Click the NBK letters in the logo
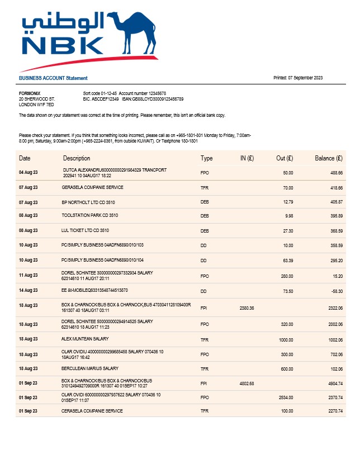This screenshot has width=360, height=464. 62,45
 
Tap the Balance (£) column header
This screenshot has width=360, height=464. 328,158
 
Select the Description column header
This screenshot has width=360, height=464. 77,158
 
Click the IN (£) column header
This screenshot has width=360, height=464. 247,158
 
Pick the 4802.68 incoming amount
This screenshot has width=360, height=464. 247,383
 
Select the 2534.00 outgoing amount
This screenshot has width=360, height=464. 286,397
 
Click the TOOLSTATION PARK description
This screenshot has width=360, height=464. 89,215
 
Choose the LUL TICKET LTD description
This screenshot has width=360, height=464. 85,230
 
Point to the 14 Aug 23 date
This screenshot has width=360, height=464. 28,291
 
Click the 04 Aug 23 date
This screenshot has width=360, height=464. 28,173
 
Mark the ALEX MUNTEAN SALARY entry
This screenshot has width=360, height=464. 84,339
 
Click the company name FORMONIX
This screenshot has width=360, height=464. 30,93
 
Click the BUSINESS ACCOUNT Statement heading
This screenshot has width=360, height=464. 53,78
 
